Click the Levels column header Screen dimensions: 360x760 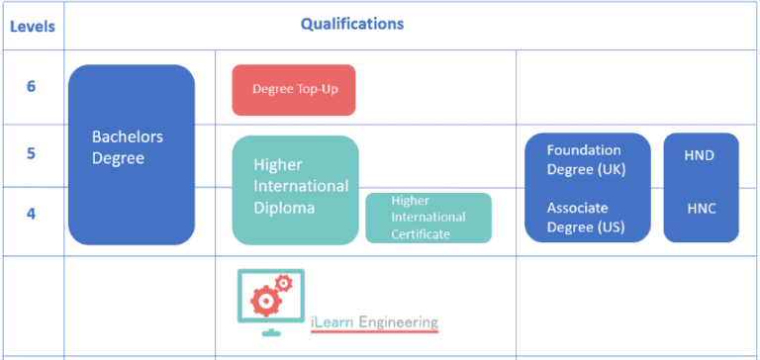[32, 26]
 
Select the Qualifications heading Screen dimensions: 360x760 [351, 24]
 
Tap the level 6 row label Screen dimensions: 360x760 [31, 87]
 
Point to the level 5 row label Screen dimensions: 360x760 [31, 153]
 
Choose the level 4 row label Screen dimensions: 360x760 [31, 213]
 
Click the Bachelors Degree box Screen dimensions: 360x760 [131, 154]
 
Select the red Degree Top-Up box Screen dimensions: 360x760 [293, 89]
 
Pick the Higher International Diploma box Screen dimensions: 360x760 [295, 189]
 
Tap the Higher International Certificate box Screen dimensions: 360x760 [428, 218]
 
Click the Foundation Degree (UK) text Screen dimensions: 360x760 [586, 160]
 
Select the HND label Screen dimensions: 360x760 [700, 155]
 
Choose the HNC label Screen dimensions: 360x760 [701, 209]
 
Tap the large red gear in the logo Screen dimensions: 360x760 [264, 299]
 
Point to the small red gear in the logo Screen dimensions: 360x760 [284, 283]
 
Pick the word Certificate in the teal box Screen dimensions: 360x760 [421, 234]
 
